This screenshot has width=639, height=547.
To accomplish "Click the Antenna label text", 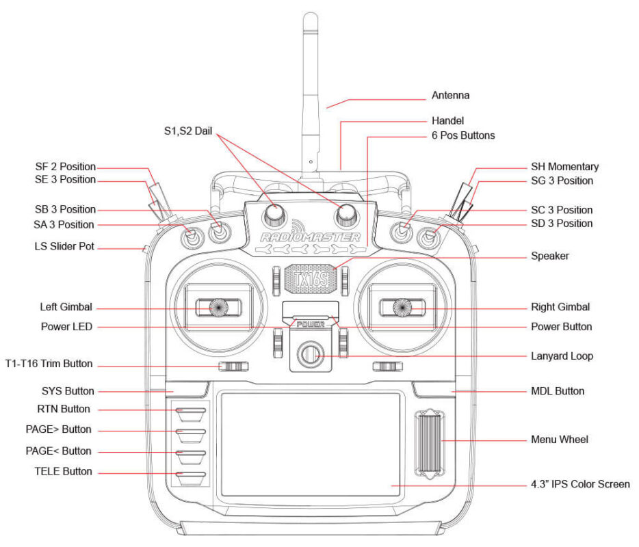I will [x=450, y=95].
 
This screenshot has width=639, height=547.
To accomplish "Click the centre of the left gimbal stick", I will [x=220, y=308].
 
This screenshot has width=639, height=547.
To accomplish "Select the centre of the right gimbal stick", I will [x=402, y=308].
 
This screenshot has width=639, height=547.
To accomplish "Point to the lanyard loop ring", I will [x=310, y=354].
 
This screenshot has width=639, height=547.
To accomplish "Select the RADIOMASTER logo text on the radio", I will [x=310, y=237].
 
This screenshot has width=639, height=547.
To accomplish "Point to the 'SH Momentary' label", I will [x=564, y=166].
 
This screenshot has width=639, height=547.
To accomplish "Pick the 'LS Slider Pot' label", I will [x=64, y=246].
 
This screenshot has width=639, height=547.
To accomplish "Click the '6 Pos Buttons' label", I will [x=462, y=135].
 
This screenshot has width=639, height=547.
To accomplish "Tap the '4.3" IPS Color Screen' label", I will [x=580, y=484].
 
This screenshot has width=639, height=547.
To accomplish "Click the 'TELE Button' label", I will [x=63, y=472].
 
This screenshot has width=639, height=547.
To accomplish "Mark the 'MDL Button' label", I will [x=558, y=391].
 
